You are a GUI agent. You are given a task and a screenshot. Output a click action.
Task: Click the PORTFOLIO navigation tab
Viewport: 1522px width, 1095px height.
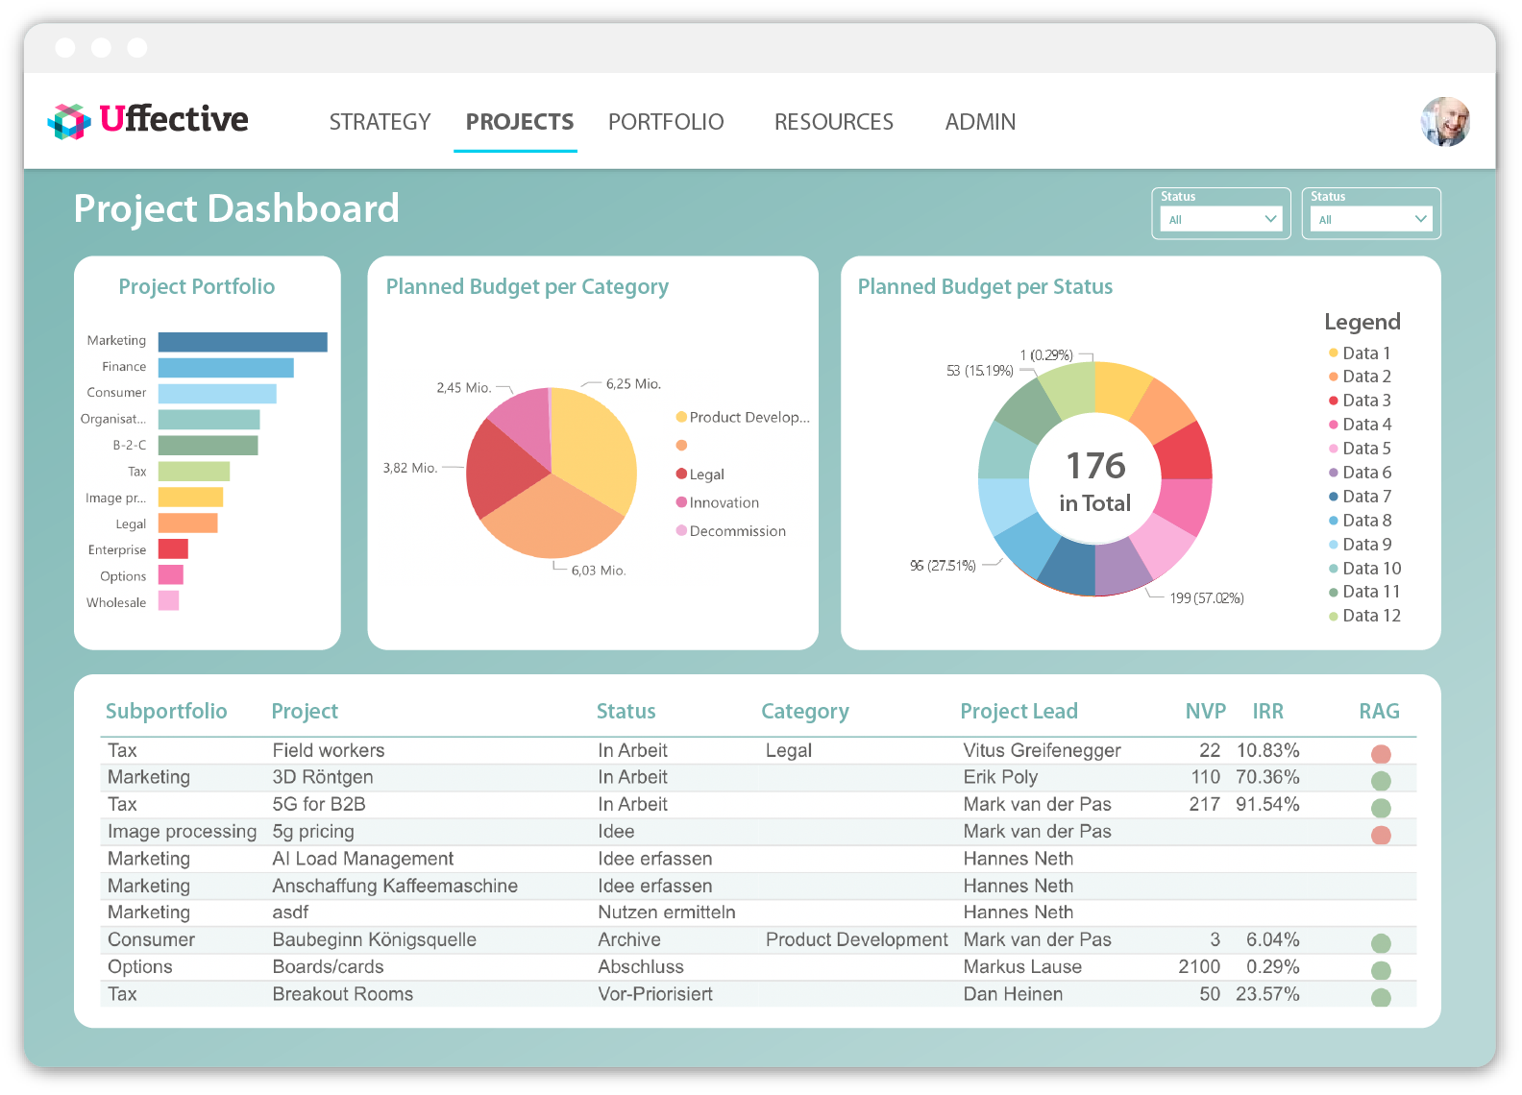665,122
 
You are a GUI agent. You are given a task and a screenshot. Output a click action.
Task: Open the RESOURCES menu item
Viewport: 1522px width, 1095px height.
833,122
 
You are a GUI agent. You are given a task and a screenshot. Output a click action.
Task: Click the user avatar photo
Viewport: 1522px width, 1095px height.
1445,122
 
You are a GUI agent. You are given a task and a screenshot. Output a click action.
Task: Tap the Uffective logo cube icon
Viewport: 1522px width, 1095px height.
69,121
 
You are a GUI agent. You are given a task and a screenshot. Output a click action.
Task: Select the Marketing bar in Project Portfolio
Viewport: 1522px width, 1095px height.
242,342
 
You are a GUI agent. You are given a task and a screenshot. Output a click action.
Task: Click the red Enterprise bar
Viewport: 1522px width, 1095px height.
173,549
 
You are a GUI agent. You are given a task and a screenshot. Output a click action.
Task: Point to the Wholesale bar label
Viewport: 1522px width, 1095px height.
116,602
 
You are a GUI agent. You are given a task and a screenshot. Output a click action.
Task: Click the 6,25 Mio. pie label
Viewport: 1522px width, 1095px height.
633,383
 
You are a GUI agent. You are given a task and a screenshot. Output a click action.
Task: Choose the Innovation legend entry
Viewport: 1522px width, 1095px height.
724,502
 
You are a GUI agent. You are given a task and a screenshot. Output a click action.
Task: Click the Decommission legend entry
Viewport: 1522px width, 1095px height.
737,531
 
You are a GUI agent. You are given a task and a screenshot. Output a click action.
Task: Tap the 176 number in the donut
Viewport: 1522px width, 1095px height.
1095,466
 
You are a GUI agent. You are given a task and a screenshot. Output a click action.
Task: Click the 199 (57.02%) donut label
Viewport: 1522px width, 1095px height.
1206,598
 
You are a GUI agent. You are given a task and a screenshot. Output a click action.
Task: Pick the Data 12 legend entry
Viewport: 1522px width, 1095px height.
1371,616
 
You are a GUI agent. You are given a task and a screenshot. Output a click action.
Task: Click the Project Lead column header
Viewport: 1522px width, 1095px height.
1019,711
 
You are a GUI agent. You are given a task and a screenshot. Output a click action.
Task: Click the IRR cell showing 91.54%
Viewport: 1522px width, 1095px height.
1267,804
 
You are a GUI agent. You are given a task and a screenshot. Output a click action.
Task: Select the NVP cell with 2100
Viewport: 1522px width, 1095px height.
1198,966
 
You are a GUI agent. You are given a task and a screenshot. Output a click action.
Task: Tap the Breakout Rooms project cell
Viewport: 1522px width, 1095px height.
342,994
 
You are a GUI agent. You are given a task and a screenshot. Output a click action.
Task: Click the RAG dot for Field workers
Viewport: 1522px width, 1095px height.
1381,754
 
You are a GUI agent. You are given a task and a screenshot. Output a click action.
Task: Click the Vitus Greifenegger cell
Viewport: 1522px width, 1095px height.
1042,750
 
